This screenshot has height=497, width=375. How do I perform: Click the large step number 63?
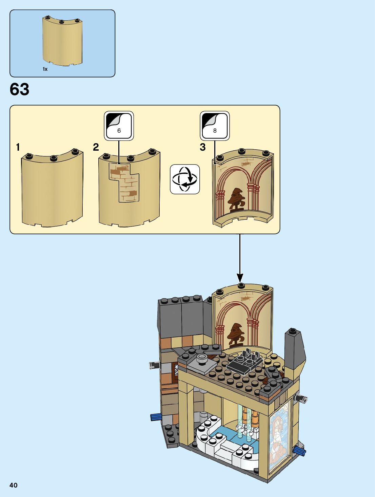(20, 90)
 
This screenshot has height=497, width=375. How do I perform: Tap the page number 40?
(14, 485)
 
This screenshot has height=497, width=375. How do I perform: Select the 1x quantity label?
(45, 69)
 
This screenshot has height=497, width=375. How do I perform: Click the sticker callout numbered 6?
(119, 126)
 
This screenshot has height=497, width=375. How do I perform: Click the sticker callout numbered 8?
(215, 126)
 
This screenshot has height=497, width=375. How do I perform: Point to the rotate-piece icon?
(185, 179)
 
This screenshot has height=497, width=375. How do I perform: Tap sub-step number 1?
(18, 147)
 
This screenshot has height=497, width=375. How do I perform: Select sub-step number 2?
(96, 147)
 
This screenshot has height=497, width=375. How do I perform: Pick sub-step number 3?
(203, 147)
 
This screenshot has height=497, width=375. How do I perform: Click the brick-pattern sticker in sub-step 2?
(124, 182)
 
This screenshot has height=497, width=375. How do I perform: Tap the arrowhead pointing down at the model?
(240, 278)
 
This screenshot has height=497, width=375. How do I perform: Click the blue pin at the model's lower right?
(300, 450)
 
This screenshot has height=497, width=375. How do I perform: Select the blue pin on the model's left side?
(155, 417)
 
